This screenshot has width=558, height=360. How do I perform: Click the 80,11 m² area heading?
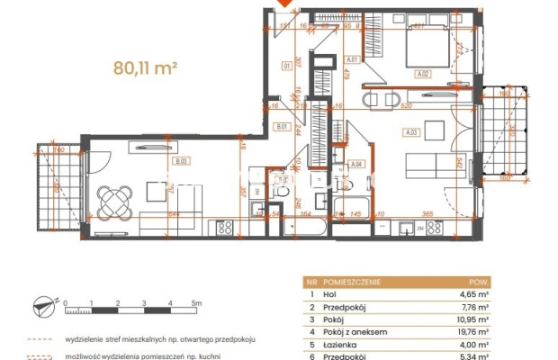[145, 66]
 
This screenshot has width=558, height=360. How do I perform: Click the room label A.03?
[412, 132]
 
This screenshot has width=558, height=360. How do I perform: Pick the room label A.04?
[356, 164]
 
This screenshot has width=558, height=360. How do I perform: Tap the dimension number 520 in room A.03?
[406, 105]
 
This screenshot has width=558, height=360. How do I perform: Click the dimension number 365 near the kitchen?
[428, 212]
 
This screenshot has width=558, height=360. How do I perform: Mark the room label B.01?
[281, 127]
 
